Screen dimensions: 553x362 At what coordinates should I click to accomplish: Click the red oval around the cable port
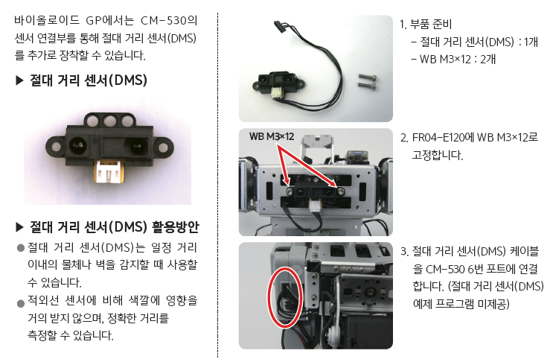click(269, 296)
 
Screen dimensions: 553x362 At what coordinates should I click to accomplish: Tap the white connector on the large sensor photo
click(109, 171)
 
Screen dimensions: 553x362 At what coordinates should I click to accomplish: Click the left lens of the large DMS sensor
click(78, 145)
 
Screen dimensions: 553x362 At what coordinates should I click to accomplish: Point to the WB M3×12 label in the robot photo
click(272, 136)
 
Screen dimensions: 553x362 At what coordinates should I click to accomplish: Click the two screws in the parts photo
click(368, 80)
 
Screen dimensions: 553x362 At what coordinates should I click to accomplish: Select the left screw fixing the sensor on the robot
click(290, 191)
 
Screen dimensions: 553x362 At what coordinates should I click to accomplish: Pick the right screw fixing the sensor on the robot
click(340, 191)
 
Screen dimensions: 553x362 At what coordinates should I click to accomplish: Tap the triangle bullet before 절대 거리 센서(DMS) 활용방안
click(20, 228)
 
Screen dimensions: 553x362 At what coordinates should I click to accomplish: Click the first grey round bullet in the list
click(20, 248)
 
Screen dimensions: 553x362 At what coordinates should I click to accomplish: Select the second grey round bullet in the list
click(20, 303)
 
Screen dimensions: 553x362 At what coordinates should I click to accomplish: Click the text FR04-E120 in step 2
click(438, 137)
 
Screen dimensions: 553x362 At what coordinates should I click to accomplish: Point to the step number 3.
click(404, 252)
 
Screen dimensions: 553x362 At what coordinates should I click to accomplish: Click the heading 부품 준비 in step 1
click(431, 24)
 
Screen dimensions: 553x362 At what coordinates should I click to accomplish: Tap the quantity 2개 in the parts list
click(488, 59)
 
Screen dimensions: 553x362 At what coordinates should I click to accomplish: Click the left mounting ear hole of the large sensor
click(56, 146)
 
